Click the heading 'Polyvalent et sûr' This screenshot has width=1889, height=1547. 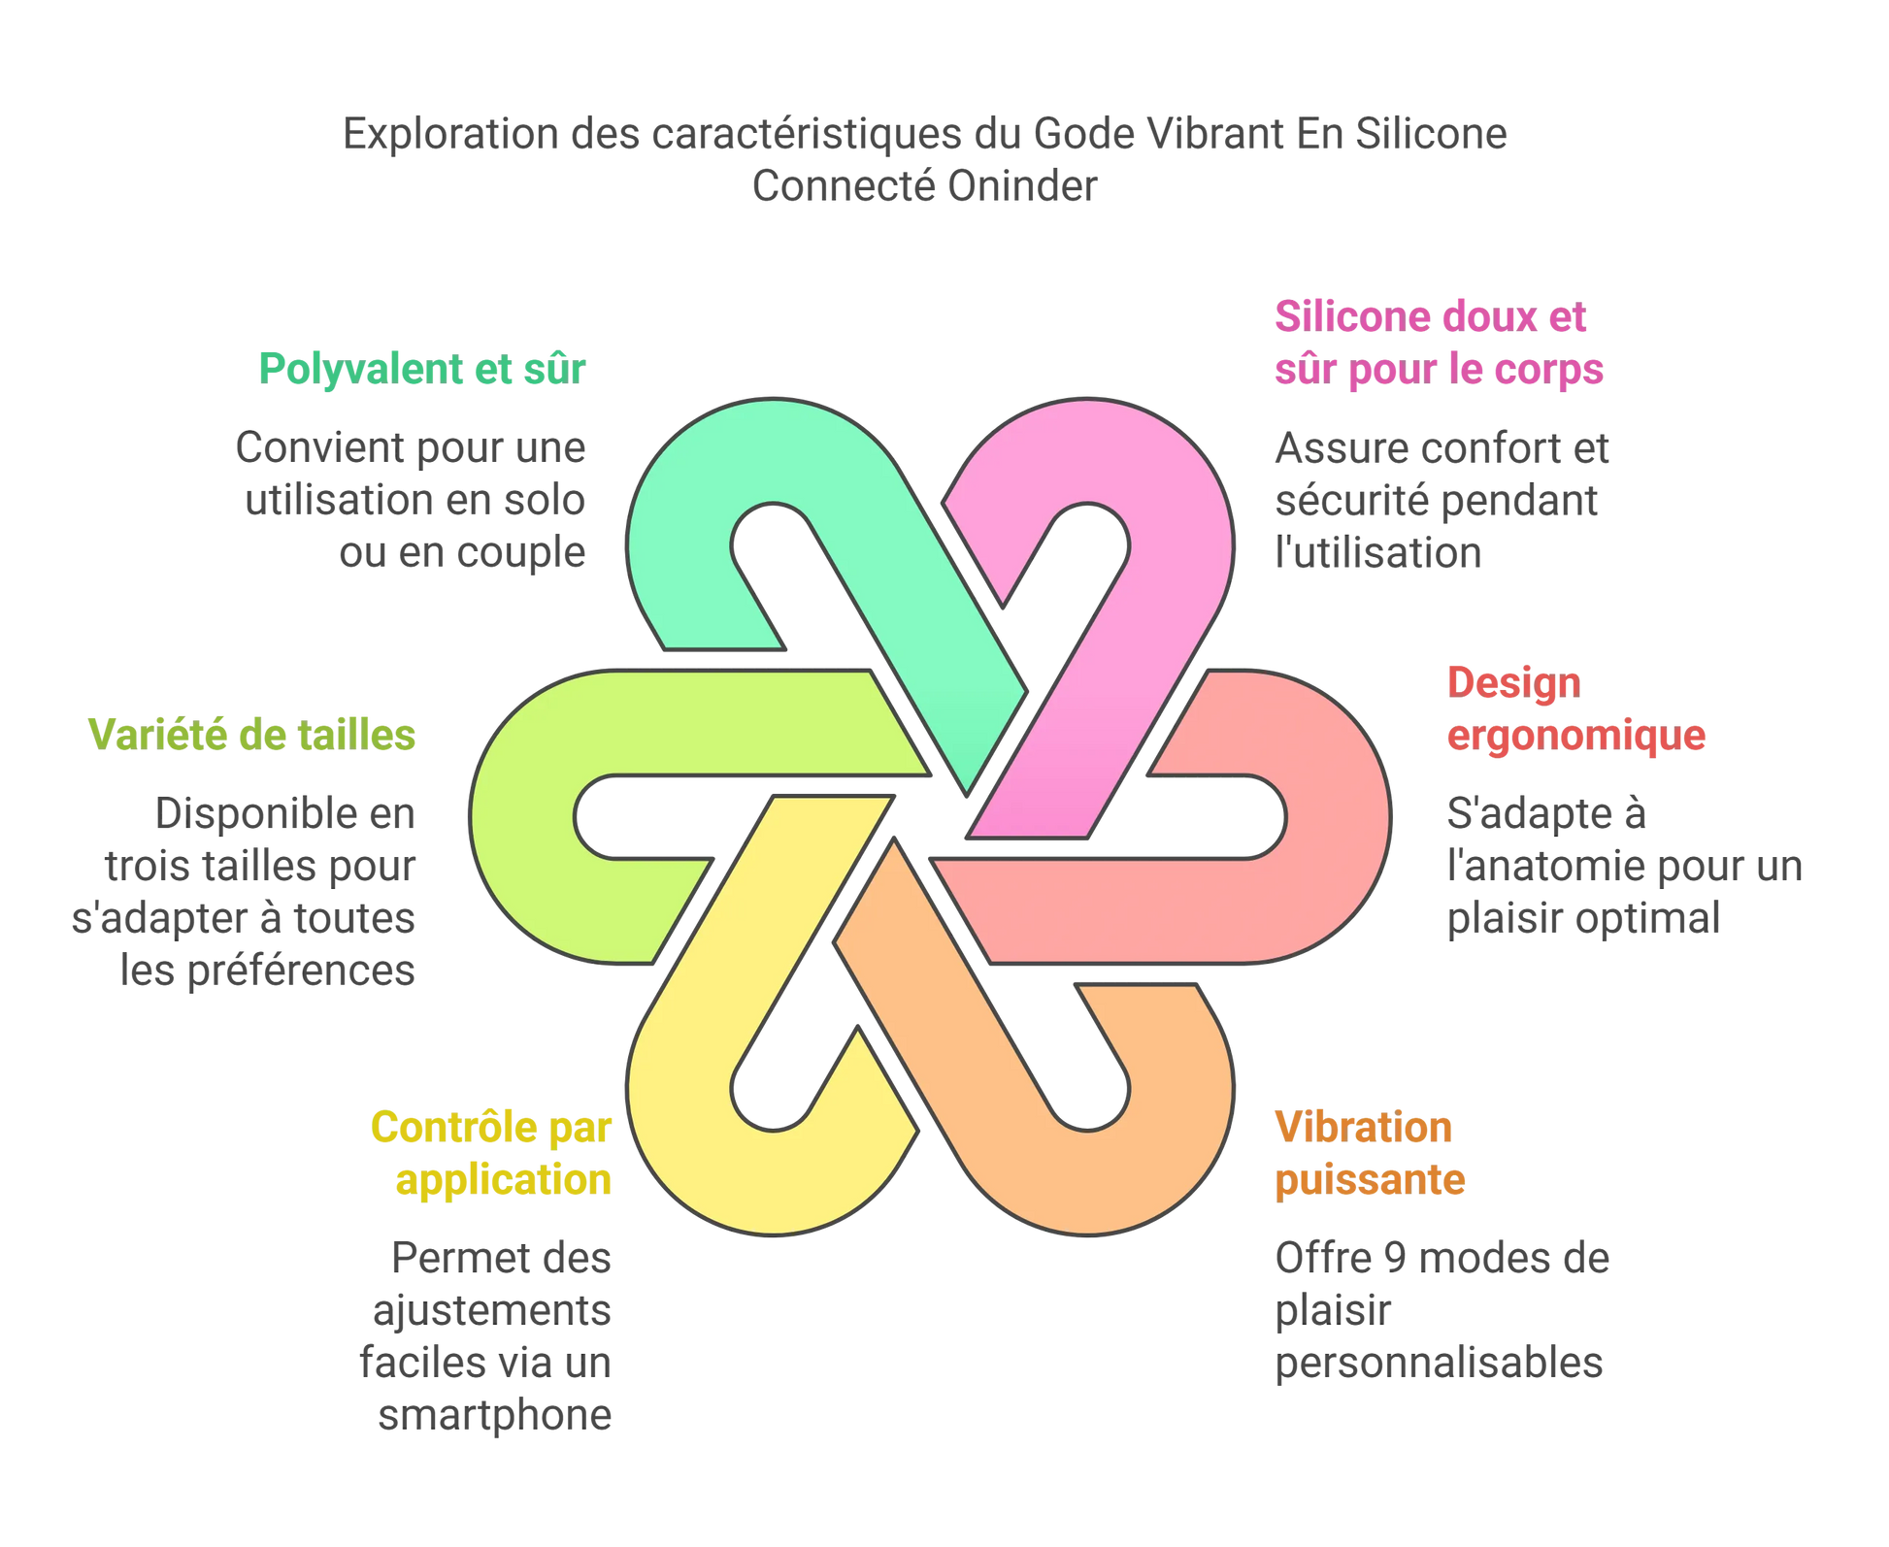pos(422,370)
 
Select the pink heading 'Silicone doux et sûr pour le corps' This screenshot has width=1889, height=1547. pos(1439,344)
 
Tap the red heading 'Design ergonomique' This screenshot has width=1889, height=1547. pos(1575,709)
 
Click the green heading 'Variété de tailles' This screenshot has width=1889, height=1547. pos(251,736)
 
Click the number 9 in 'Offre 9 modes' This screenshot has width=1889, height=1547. pos(1395,1259)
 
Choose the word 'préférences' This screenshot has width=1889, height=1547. pos(301,971)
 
